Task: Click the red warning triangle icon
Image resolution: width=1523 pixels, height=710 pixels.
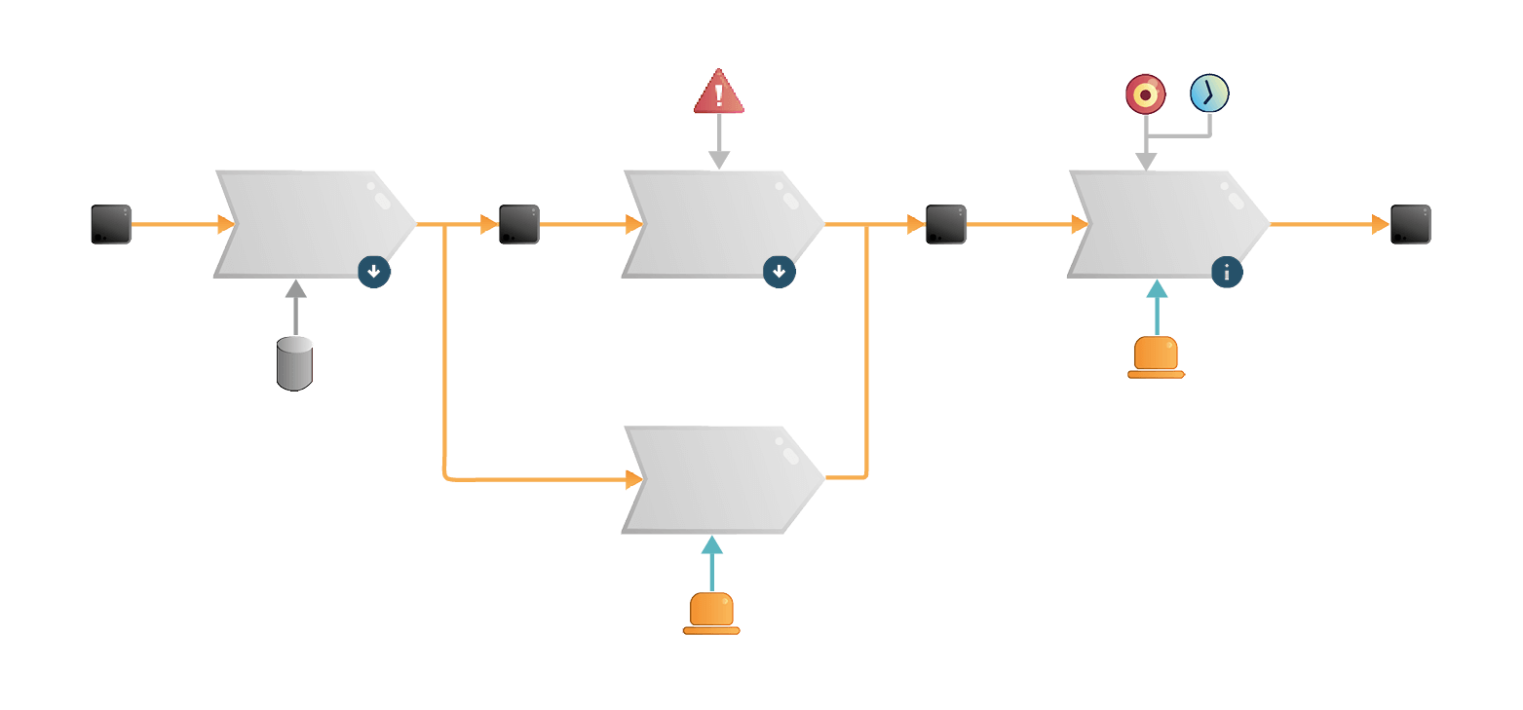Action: (719, 93)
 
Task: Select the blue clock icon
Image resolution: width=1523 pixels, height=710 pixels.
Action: (1209, 93)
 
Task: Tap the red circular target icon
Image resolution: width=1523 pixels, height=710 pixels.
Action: (1145, 94)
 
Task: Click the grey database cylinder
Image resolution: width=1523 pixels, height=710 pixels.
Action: (295, 363)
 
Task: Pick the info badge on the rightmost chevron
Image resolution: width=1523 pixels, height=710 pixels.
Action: (1227, 273)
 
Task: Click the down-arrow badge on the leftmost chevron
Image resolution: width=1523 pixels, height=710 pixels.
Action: (374, 272)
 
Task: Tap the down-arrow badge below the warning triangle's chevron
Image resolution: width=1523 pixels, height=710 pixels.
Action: (779, 272)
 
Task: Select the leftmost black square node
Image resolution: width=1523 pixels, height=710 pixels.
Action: (111, 224)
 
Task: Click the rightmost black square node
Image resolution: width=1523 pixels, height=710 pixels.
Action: (1410, 224)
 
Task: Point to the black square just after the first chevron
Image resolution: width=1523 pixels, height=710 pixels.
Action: (519, 224)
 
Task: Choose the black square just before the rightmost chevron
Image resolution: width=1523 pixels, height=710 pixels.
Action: (946, 224)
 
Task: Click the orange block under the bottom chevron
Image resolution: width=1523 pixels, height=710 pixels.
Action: (711, 613)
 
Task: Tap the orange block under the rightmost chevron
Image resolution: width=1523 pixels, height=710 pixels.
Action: (1157, 355)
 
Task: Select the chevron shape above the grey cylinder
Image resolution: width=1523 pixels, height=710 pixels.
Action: (312, 224)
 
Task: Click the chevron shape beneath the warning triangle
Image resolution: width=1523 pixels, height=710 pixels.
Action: (721, 224)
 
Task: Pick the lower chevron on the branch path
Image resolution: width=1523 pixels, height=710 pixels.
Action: (721, 479)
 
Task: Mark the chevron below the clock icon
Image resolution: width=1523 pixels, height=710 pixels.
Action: (1166, 224)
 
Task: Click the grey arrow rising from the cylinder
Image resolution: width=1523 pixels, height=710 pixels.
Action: (295, 306)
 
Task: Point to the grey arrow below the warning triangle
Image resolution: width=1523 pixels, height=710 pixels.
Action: (719, 142)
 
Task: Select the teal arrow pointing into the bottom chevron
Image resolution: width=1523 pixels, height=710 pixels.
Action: (712, 563)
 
